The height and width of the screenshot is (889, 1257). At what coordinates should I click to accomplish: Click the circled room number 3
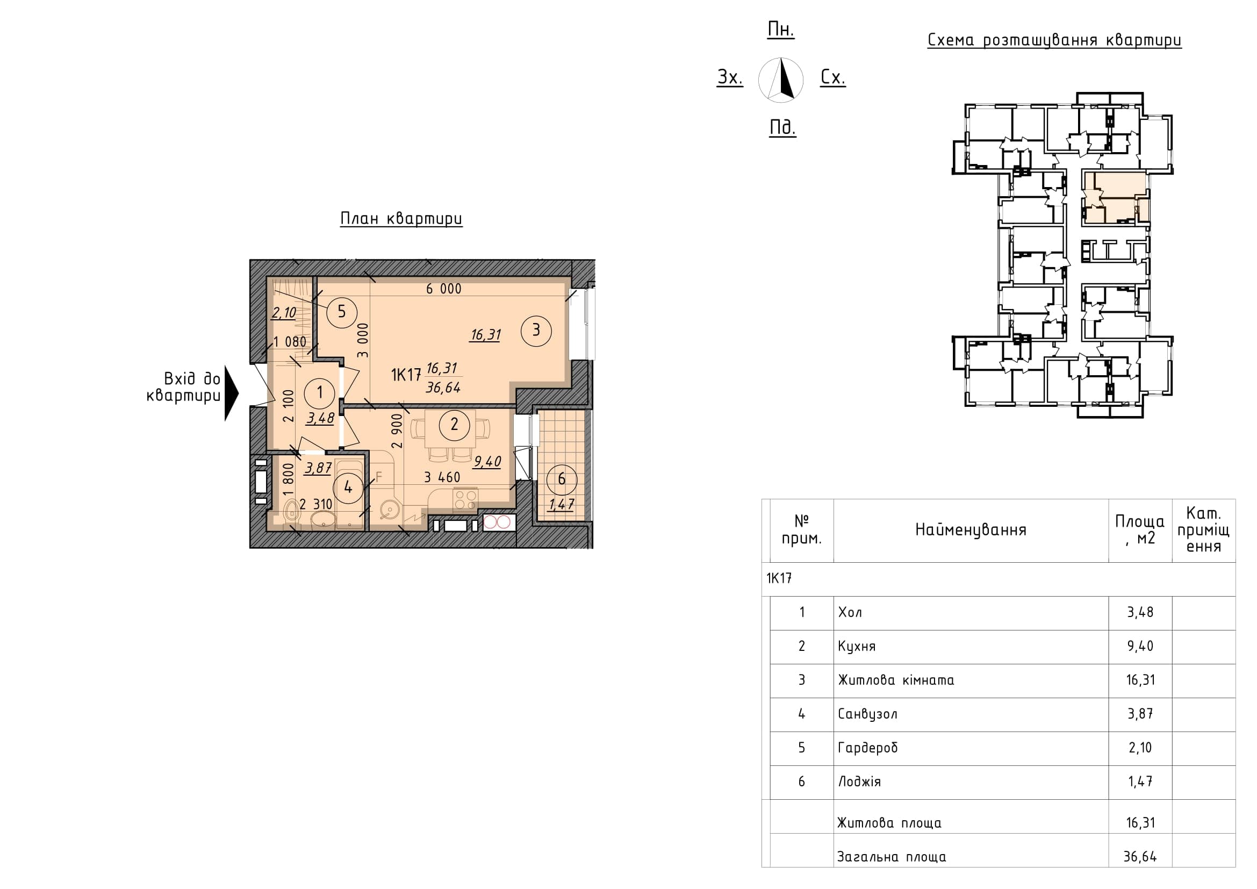[x=536, y=330]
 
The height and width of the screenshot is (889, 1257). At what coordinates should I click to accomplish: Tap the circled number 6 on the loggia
[x=561, y=479]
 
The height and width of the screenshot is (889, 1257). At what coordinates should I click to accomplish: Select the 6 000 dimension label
[x=443, y=289]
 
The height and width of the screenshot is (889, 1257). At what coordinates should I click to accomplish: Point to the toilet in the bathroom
[x=293, y=512]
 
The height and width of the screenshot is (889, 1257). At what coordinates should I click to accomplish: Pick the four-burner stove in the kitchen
[x=465, y=499]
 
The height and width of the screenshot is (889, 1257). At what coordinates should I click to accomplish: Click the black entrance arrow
[x=232, y=393]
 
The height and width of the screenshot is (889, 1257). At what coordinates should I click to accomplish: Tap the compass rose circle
[x=781, y=80]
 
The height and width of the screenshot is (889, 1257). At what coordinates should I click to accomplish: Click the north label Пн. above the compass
[x=781, y=30]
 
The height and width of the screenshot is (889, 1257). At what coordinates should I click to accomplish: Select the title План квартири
[x=401, y=219]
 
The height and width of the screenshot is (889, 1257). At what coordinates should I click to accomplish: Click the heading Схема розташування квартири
[x=1054, y=40]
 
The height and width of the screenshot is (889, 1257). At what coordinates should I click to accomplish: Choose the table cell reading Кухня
[x=857, y=647]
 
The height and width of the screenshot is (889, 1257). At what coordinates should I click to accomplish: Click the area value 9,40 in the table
[x=1140, y=646]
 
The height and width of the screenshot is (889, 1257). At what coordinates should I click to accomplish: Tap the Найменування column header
[x=971, y=530]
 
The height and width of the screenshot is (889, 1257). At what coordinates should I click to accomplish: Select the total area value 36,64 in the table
[x=1140, y=857]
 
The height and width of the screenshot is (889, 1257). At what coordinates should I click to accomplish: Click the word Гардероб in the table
[x=868, y=748]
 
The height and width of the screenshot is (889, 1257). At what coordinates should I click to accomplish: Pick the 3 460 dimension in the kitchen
[x=442, y=477]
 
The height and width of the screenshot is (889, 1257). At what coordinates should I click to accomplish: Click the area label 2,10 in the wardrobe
[x=284, y=313]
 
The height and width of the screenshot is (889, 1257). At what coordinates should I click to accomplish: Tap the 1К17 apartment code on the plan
[x=406, y=375]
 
